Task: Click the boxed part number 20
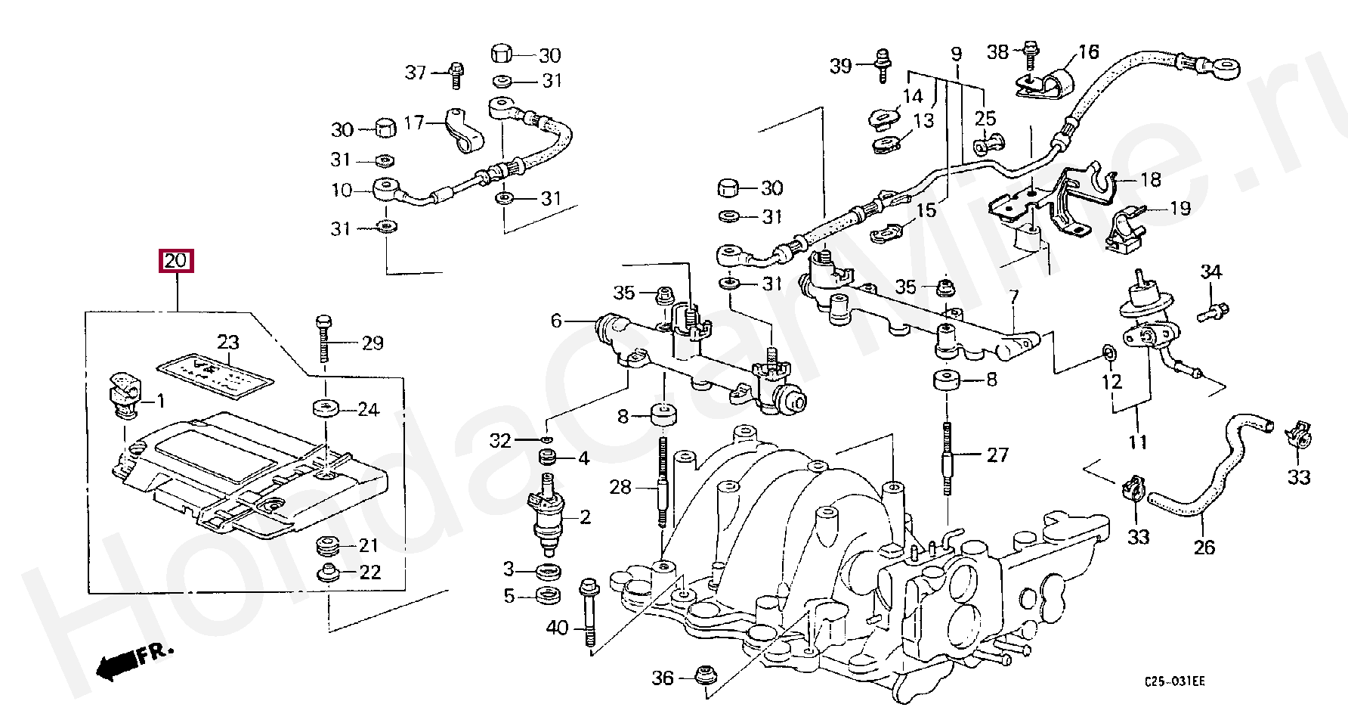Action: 175,261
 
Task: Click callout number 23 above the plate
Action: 228,342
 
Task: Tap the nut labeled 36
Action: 705,677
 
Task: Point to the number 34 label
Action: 1210,271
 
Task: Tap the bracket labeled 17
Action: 460,129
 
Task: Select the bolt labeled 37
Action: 456,73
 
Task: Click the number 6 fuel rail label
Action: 556,321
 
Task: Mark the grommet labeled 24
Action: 326,409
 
